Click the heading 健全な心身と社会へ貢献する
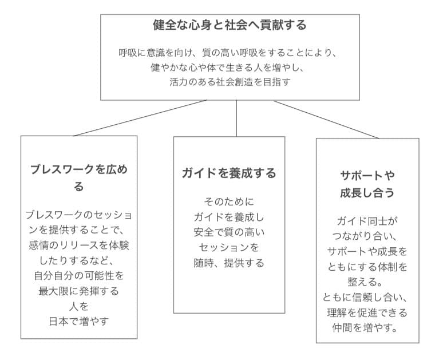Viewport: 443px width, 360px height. (230, 25)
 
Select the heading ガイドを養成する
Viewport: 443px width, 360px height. (229, 173)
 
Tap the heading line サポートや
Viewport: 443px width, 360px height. (367, 176)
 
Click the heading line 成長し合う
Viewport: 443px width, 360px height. (367, 193)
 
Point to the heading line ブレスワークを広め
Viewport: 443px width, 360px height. (79, 169)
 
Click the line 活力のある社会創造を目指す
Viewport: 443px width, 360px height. (230, 82)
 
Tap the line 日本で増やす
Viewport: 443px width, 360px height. (79, 321)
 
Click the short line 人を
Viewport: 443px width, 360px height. (79, 306)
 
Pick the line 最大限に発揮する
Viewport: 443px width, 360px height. (79, 291)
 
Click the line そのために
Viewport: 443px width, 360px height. (229, 202)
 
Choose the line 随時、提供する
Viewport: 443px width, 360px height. (229, 263)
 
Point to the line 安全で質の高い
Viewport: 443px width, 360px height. (229, 232)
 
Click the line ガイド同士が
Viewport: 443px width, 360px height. (367, 221)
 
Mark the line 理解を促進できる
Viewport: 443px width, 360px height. (367, 312)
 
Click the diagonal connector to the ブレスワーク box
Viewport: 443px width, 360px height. (140, 118)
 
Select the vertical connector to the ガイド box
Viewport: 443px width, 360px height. (236, 118)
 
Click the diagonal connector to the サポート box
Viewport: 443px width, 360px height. (326, 120)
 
